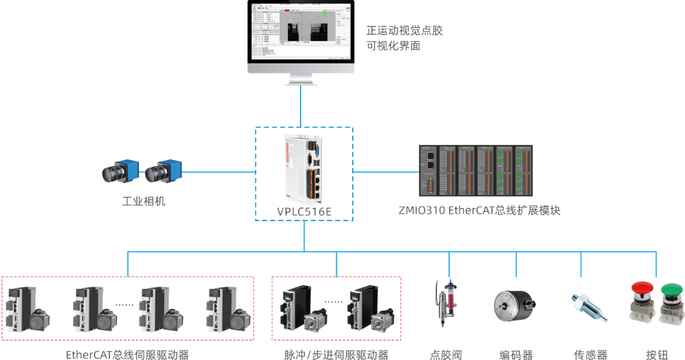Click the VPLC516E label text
coord(304,212)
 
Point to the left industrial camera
coord(119,171)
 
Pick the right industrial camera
coord(162,172)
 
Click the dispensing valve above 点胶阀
coord(446,304)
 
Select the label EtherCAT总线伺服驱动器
coord(127,354)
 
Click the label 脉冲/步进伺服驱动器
coord(336,354)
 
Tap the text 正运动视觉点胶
coord(403,30)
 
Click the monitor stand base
coord(301,80)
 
